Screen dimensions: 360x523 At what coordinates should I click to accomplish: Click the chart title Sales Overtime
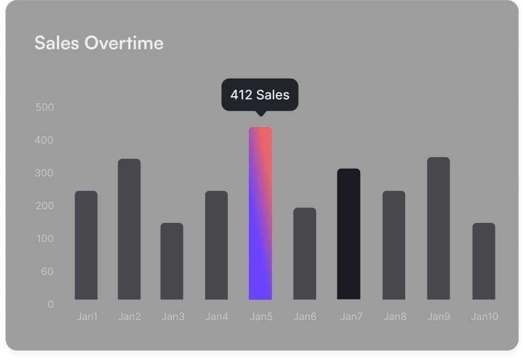[x=99, y=43]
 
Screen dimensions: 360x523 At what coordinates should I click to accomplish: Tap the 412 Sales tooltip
[x=260, y=95]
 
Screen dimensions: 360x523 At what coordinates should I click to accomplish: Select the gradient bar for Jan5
[x=260, y=213]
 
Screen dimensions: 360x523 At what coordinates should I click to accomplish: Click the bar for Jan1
[x=86, y=245]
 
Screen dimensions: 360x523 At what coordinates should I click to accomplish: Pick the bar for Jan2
[x=129, y=229]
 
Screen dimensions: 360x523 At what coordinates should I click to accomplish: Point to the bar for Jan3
[x=172, y=261]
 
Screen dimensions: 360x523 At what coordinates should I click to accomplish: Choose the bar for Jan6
[x=305, y=253]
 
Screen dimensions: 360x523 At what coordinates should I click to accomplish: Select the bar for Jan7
[x=349, y=234]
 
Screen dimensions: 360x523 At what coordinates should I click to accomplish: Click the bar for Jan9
[x=438, y=228]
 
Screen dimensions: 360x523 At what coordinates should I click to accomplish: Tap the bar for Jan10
[x=484, y=261]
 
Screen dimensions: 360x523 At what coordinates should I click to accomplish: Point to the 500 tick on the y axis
[x=45, y=107]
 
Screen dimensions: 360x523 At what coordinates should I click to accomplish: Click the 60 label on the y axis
[x=47, y=272]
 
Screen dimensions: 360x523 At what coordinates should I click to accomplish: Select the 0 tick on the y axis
[x=51, y=304]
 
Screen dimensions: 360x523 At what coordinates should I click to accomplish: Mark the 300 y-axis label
[x=45, y=173]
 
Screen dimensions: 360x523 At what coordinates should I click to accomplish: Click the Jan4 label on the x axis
[x=217, y=317]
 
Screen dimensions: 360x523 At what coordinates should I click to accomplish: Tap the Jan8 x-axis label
[x=395, y=317]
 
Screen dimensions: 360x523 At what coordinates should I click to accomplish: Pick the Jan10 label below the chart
[x=484, y=317]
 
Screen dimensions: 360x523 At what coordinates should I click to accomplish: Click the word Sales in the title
[x=57, y=43]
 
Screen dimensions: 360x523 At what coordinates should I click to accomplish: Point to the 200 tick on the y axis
[x=45, y=206]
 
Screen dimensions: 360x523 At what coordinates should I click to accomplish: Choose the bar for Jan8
[x=394, y=245]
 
